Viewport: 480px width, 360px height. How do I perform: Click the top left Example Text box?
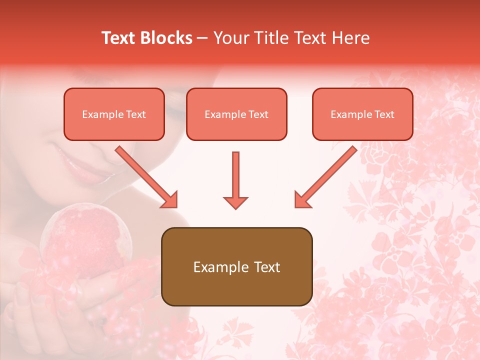(114, 114)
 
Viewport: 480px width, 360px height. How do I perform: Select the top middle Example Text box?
(236, 114)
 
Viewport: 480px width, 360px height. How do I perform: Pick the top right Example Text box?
(362, 114)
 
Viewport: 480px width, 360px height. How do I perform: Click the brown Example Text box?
(236, 267)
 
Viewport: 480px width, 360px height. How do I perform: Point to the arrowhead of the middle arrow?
(235, 201)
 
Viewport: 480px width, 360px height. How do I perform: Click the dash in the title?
(202, 38)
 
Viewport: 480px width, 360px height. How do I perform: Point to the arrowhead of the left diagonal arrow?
(170, 199)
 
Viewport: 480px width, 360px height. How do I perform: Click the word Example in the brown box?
(215, 267)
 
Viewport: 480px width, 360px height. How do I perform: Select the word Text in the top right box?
(384, 114)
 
